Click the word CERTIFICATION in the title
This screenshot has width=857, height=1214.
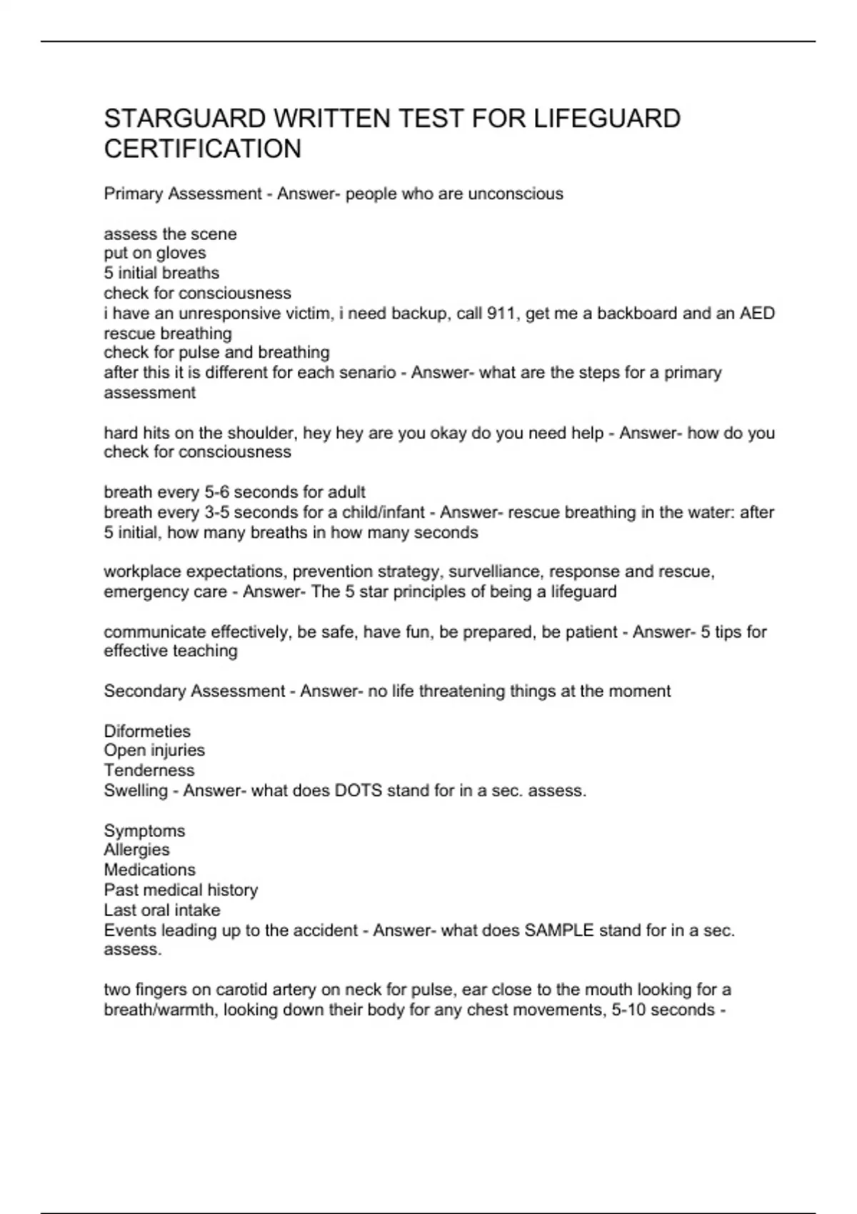click(203, 149)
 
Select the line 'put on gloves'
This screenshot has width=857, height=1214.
click(155, 254)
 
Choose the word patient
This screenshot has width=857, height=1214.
click(589, 633)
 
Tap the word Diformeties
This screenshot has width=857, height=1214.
click(147, 732)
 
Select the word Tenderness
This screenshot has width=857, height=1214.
click(149, 771)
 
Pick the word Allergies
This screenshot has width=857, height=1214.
click(137, 851)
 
